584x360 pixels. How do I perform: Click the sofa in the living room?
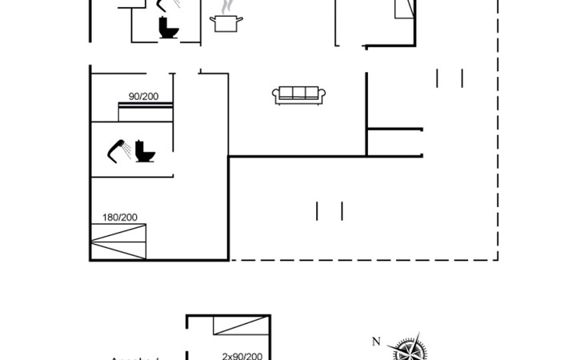[297, 95]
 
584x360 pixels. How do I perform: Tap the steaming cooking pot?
[225, 23]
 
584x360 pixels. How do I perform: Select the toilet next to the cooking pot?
[168, 28]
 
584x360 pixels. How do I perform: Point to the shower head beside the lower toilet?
[121, 150]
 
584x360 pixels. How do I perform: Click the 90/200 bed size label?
[144, 97]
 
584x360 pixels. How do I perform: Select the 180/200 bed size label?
[119, 217]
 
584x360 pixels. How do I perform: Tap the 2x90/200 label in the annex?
[242, 356]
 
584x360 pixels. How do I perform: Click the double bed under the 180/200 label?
[118, 242]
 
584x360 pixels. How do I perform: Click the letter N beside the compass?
[376, 342]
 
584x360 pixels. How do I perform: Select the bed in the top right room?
[404, 8]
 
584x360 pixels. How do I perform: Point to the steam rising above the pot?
[228, 6]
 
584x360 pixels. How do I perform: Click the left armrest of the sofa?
[277, 96]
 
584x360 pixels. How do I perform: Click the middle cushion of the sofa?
[297, 94]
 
